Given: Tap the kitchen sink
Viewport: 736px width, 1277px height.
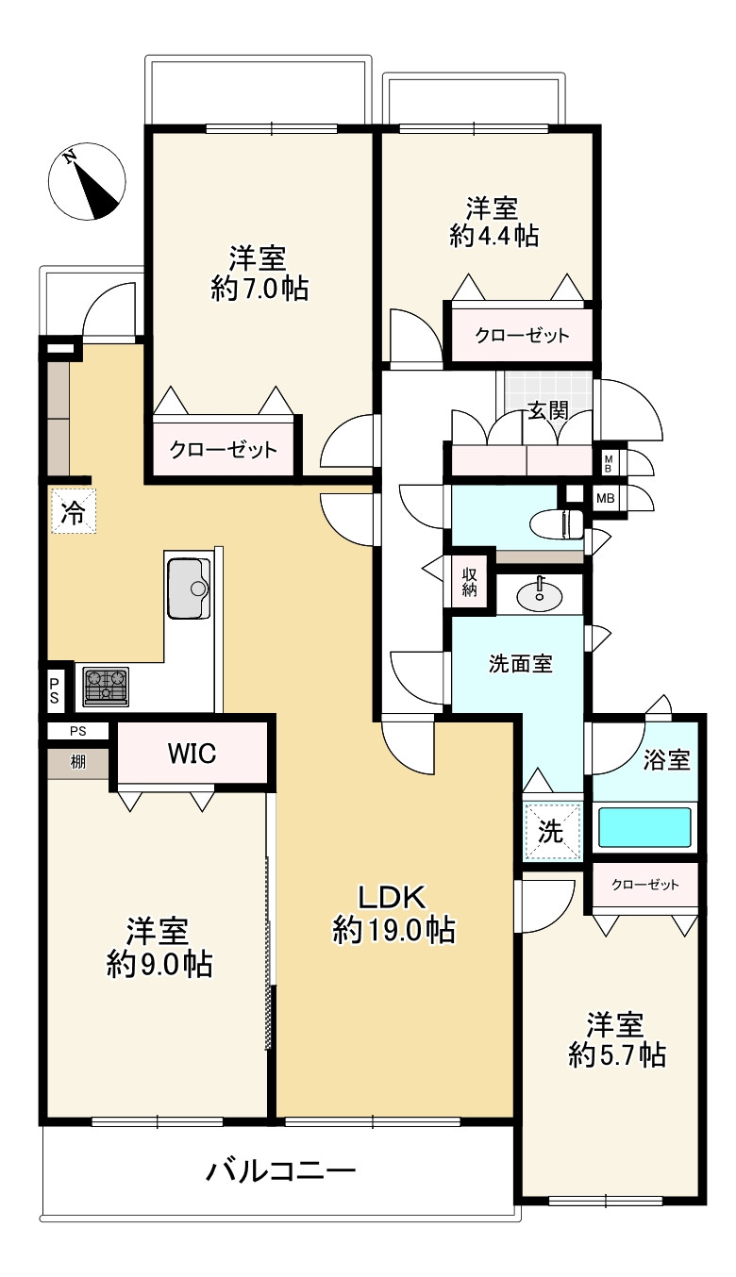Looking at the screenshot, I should (x=190, y=588).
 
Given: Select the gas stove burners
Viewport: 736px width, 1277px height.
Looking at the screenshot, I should (x=106, y=686).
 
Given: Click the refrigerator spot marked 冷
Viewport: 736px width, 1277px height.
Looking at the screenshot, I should (x=73, y=511).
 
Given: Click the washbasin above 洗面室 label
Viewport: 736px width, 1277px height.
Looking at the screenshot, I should (x=539, y=593).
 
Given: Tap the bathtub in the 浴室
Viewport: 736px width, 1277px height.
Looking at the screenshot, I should (x=645, y=827).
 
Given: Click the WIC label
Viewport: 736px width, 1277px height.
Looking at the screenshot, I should (x=192, y=754).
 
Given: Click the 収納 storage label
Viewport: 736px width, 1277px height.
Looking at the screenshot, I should (x=469, y=584).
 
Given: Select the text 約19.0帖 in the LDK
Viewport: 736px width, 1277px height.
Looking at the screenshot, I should (x=394, y=931).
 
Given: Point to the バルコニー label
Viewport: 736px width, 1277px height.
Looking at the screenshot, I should (x=281, y=1172).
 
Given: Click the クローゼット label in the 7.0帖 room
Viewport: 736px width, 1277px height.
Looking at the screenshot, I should (x=224, y=450).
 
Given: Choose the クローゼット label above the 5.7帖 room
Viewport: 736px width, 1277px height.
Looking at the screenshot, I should (x=645, y=885).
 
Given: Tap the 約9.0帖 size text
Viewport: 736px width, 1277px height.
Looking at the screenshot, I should (x=158, y=963).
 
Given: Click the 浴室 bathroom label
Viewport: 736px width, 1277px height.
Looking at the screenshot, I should (x=666, y=759).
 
